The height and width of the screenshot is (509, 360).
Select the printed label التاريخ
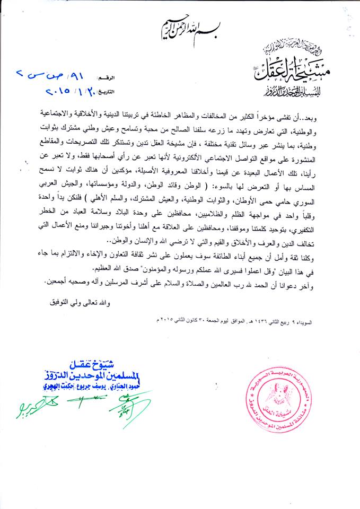coord(121,91)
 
